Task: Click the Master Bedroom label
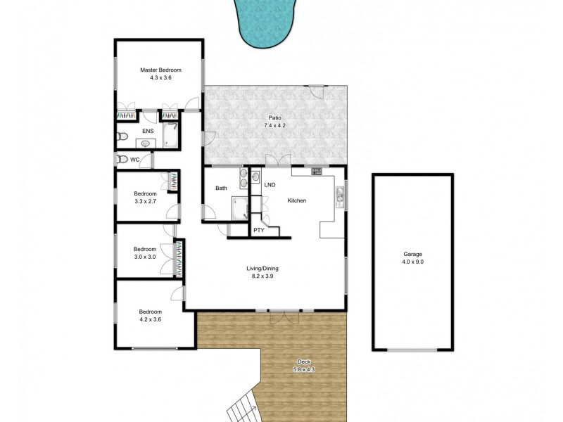click(x=160, y=70)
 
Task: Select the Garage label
click(x=412, y=254)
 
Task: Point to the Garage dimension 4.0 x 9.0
click(x=412, y=262)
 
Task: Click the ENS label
click(x=148, y=131)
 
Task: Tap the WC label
click(x=134, y=160)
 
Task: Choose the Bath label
click(x=221, y=188)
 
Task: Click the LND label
click(x=270, y=185)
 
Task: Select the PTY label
click(x=259, y=229)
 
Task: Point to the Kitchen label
click(x=297, y=201)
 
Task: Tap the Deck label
click(x=304, y=361)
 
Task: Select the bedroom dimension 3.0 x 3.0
click(x=144, y=257)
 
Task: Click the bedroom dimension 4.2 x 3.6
click(x=150, y=319)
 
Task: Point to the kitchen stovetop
click(x=317, y=171)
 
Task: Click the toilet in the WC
click(x=122, y=160)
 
